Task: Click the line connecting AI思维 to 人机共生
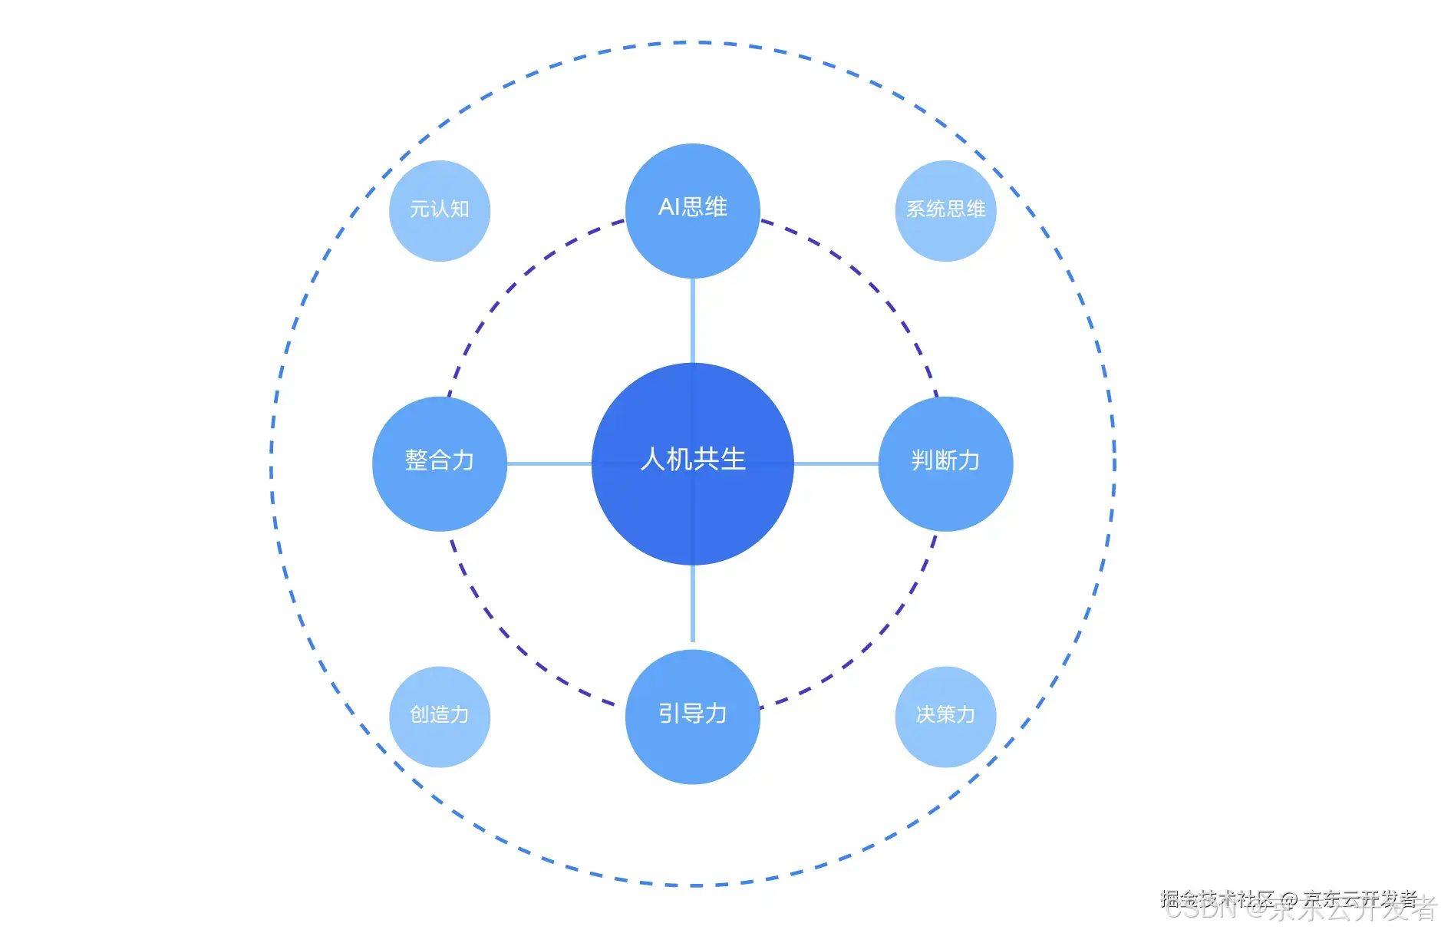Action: [x=693, y=321]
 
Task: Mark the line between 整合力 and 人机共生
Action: [x=549, y=463]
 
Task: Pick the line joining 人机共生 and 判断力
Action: [x=836, y=463]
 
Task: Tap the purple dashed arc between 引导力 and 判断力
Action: [x=872, y=643]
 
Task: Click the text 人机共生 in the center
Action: [x=693, y=460]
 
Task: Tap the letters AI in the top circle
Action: [x=668, y=207]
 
